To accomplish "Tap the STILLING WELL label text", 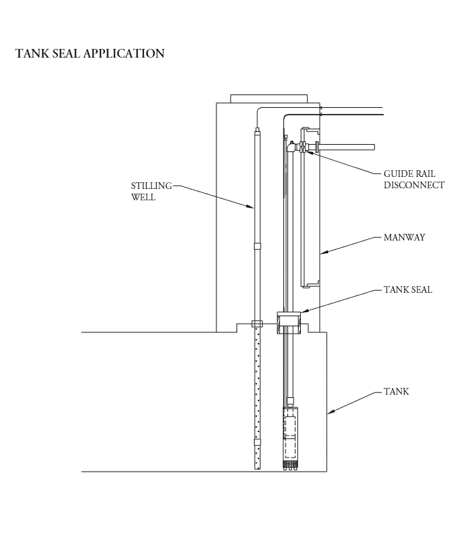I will click(x=151, y=191).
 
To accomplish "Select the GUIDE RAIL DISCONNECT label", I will click(x=413, y=180).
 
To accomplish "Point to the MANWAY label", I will click(x=404, y=237).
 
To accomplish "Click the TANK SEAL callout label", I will click(x=407, y=290).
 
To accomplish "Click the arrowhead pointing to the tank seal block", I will click(x=299, y=312).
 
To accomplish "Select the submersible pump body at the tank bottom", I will click(x=290, y=435).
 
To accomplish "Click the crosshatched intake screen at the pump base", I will click(x=290, y=464).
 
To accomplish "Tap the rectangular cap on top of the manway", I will click(x=269, y=98).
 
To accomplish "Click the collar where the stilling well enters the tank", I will click(x=257, y=324).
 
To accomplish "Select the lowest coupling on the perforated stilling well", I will click(x=257, y=442).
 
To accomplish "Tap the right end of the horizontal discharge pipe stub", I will click(x=372, y=147).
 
